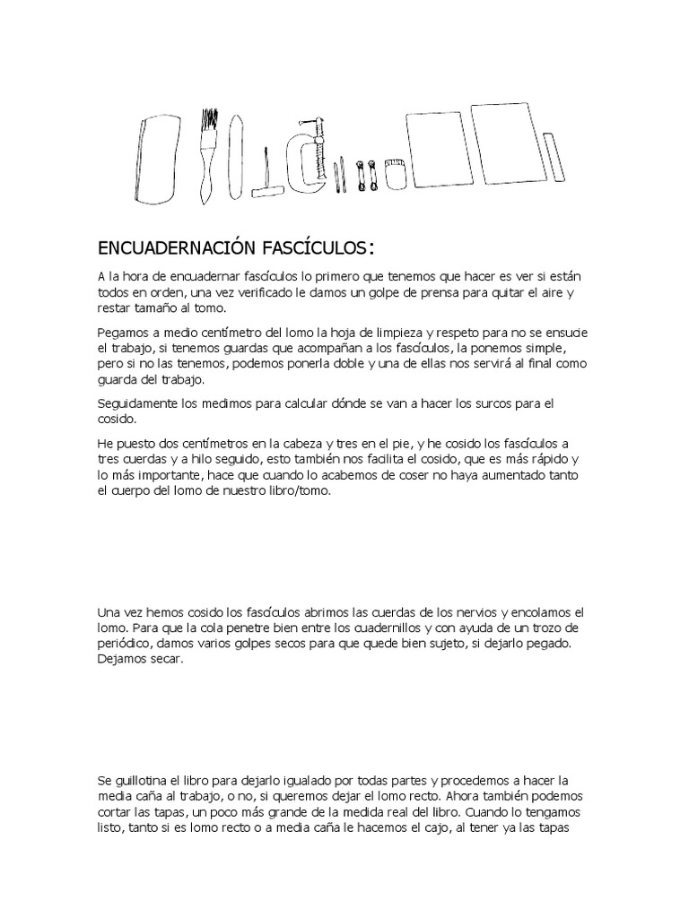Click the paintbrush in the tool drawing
(x=207, y=152)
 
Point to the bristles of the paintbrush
(x=209, y=122)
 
